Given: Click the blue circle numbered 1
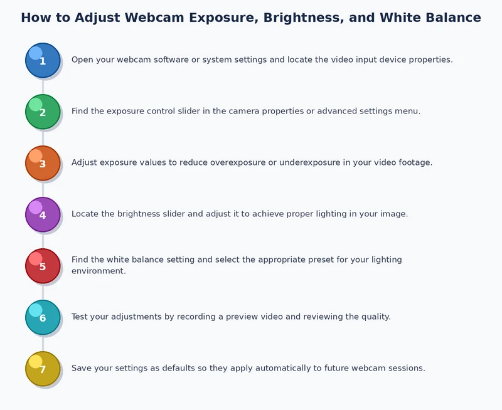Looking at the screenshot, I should [43, 60].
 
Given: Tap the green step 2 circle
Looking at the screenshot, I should [43, 112].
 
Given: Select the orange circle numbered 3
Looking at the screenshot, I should [43, 163].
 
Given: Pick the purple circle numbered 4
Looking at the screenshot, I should [43, 214].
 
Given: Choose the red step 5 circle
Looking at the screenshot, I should [43, 266].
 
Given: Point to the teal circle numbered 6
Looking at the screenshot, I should [43, 317].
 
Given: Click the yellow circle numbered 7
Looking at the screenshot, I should [43, 369].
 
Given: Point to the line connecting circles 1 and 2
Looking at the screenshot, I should [43, 86].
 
